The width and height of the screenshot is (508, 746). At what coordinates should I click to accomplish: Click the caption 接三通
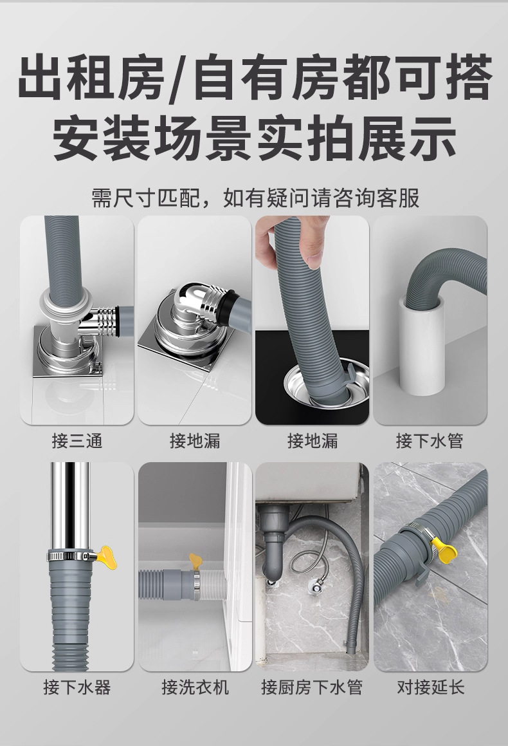[77, 441]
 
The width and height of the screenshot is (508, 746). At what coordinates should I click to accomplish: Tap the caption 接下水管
[430, 441]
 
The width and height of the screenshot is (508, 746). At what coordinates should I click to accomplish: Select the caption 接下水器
[77, 687]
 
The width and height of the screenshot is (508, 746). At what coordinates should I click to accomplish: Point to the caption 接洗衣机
[195, 687]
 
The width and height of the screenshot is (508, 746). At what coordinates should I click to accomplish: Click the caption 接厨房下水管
[312, 687]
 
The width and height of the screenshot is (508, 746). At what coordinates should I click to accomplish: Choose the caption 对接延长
[431, 687]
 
